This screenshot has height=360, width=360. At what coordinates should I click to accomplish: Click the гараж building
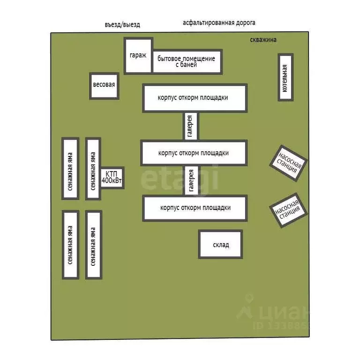click(x=138, y=55)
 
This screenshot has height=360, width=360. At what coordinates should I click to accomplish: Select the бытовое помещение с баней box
click(x=187, y=62)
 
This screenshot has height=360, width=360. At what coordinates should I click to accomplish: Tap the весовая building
click(x=104, y=85)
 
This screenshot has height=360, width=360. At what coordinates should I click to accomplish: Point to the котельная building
click(x=285, y=77)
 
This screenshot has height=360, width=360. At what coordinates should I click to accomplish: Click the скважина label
click(x=263, y=40)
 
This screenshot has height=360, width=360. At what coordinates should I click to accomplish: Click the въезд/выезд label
click(x=122, y=24)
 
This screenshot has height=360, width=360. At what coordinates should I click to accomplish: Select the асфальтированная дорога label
click(x=219, y=22)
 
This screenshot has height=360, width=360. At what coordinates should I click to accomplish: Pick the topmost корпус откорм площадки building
click(x=195, y=97)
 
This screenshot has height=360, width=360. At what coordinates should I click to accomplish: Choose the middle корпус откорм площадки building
click(x=194, y=153)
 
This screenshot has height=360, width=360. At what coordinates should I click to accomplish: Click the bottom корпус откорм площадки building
click(x=195, y=208)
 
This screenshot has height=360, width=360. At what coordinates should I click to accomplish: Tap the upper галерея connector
click(x=190, y=126)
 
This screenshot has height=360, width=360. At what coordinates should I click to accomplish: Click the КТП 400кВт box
click(x=112, y=178)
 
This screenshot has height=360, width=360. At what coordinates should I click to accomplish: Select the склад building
click(x=221, y=244)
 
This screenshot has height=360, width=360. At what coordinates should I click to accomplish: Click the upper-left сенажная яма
click(x=70, y=168)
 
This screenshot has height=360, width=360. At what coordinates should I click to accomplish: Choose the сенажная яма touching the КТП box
click(x=93, y=168)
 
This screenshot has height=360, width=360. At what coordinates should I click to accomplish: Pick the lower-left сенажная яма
click(x=70, y=245)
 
